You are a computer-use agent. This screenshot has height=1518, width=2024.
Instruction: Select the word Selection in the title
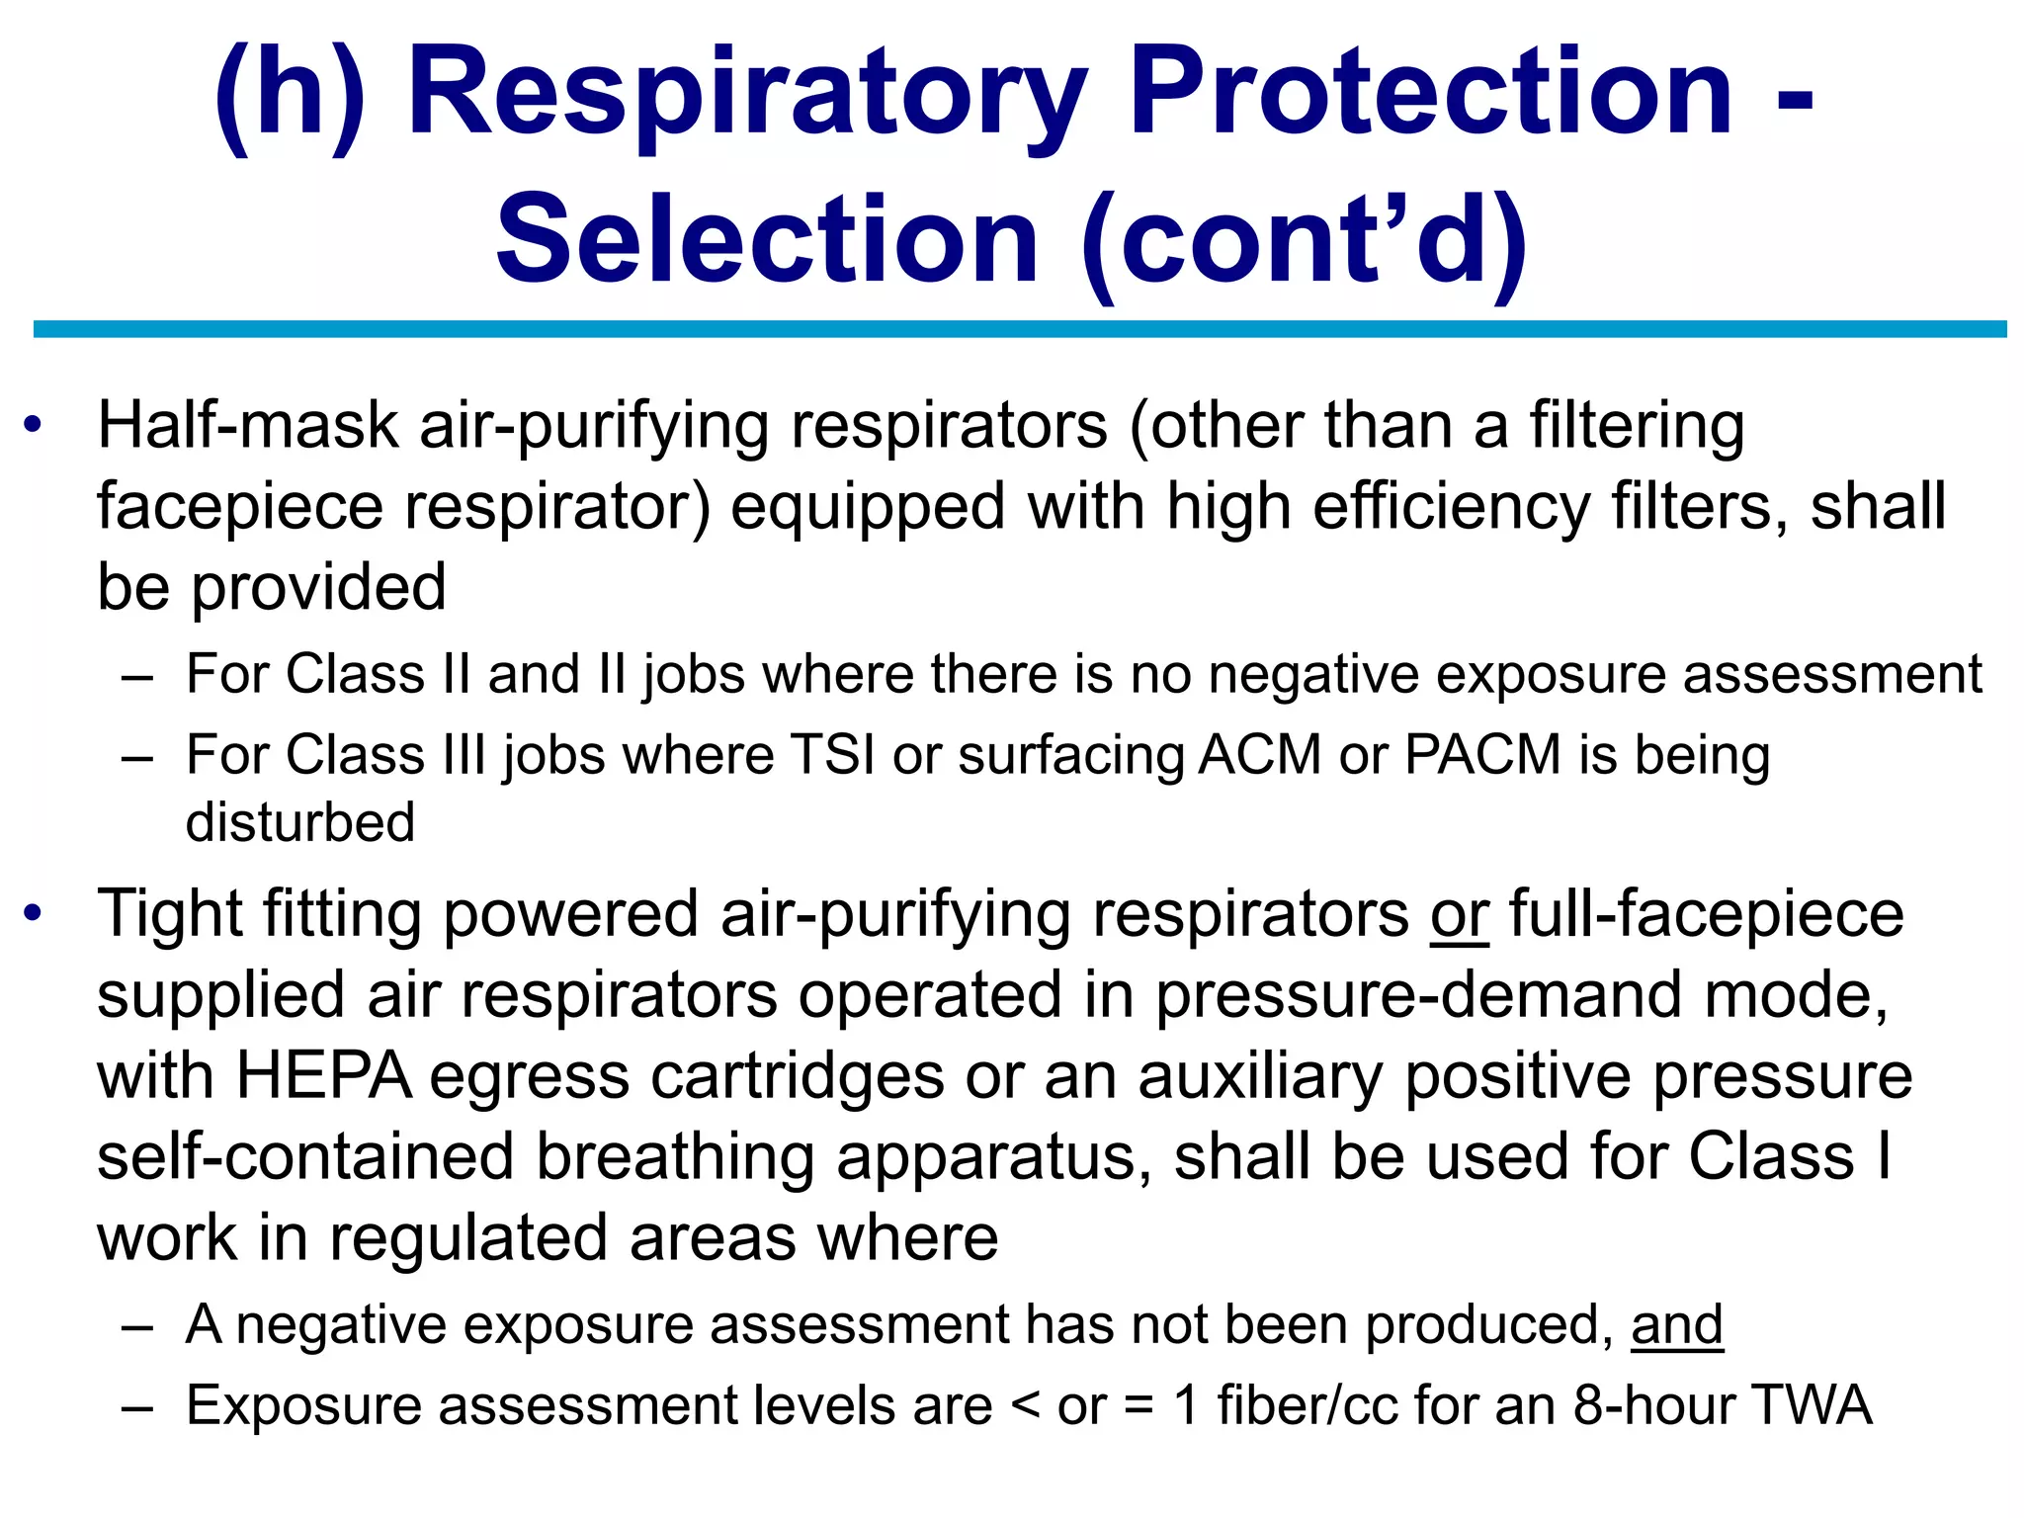coord(767,240)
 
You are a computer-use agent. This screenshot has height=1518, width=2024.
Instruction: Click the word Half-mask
coord(248,426)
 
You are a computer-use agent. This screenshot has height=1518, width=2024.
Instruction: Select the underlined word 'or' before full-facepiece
coord(1459,914)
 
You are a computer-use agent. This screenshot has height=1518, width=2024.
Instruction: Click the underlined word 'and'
coord(1676,1324)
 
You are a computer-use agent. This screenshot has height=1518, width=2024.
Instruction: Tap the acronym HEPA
coord(324,1076)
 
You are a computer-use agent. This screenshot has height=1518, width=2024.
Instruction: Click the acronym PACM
coord(1481,756)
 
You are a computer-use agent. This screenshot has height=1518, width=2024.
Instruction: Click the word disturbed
coord(300,822)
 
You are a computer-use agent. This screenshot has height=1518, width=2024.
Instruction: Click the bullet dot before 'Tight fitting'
coord(35,912)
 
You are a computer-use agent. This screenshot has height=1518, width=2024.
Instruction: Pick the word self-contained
coord(305,1157)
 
